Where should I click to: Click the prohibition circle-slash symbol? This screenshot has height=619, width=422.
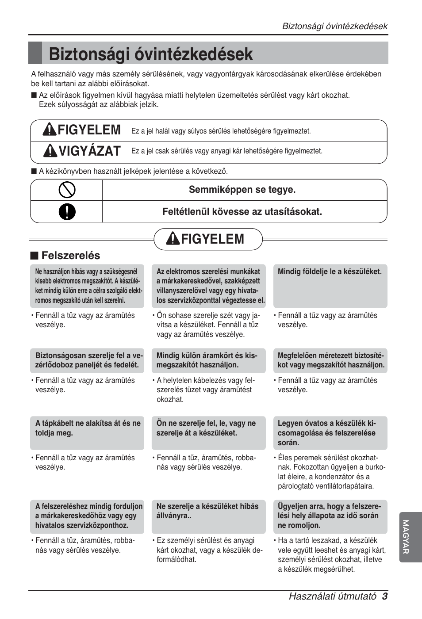pyautogui.click(x=67, y=190)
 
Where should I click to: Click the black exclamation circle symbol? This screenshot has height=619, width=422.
pyautogui.click(x=67, y=212)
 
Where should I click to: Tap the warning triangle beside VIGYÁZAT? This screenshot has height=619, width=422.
pyautogui.click(x=50, y=151)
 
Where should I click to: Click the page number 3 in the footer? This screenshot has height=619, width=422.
pyautogui.click(x=385, y=596)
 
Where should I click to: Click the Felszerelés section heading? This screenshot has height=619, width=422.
pyautogui.click(x=70, y=256)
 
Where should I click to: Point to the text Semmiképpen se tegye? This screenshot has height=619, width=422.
pyautogui.click(x=242, y=190)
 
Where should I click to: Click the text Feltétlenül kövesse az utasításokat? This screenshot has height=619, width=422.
pyautogui.click(x=242, y=212)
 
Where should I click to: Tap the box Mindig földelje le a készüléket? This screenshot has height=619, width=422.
pyautogui.click(x=330, y=286)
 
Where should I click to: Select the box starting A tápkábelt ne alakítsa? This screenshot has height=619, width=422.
pyautogui.click(x=87, y=432)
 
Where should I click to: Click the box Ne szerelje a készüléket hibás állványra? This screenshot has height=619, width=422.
pyautogui.click(x=208, y=516)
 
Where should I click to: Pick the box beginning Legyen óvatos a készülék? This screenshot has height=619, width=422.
pyautogui.click(x=330, y=432)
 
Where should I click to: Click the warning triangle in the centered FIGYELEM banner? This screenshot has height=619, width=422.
pyautogui.click(x=173, y=239)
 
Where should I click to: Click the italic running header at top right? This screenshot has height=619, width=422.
pyautogui.click(x=335, y=26)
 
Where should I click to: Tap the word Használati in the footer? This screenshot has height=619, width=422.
pyautogui.click(x=310, y=596)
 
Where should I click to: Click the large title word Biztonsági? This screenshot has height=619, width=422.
pyautogui.click(x=91, y=54)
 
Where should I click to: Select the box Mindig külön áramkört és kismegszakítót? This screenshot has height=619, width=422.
pyautogui.click(x=208, y=360)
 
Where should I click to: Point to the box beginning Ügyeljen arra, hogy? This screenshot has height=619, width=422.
pyautogui.click(x=330, y=516)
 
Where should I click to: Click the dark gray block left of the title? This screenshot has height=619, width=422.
pyautogui.click(x=35, y=53)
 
